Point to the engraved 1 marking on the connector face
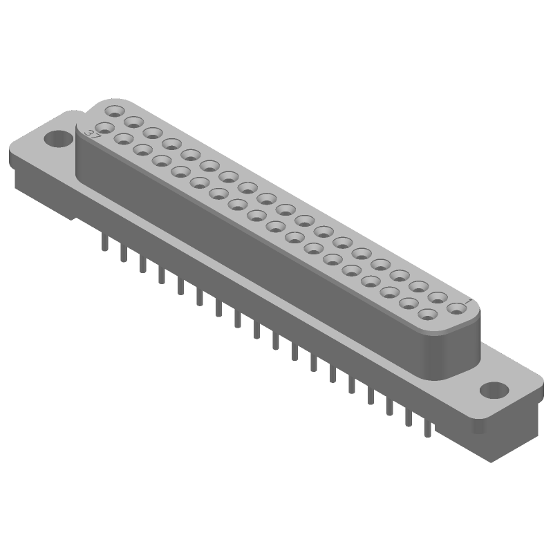click(x=469, y=301)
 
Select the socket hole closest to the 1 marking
click(x=456, y=308)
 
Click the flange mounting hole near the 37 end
click(x=58, y=140)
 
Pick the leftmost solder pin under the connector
click(x=104, y=243)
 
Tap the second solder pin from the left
click(x=123, y=254)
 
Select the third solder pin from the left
click(x=143, y=264)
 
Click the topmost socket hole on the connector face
click(x=114, y=111)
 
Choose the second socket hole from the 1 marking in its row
click(x=437, y=298)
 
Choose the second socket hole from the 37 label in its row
click(x=125, y=138)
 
